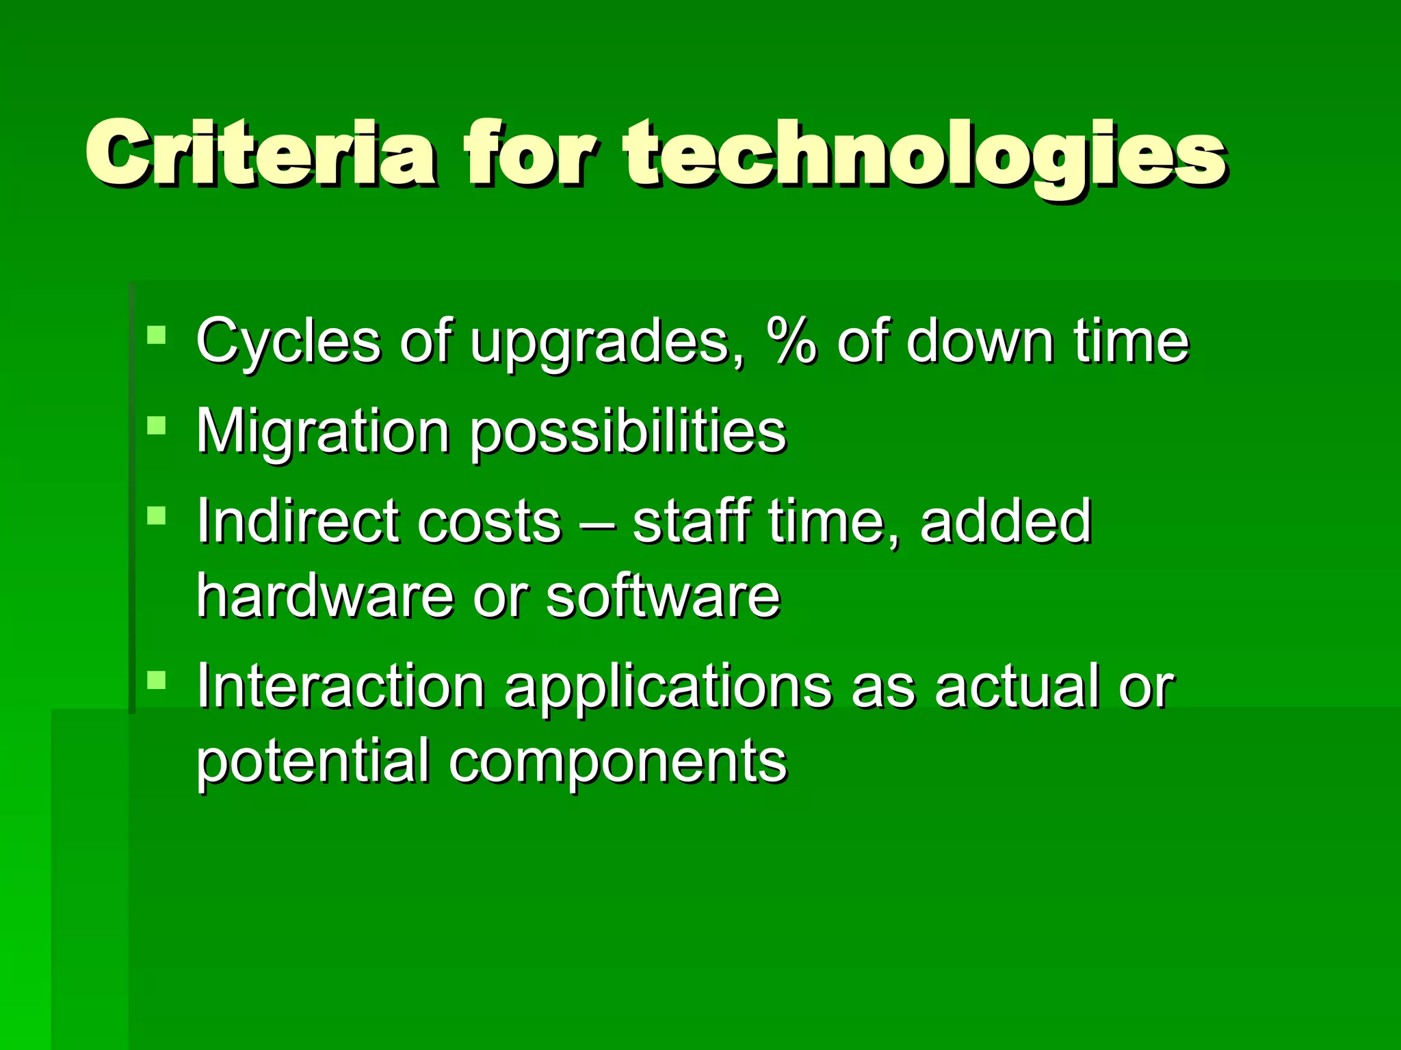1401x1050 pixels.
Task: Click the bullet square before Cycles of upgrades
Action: [157, 335]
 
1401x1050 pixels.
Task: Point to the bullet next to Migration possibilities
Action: [157, 425]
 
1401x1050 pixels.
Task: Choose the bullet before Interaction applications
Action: [157, 679]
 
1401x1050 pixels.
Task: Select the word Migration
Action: [322, 433]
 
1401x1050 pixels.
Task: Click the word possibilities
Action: [628, 433]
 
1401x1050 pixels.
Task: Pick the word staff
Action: [692, 521]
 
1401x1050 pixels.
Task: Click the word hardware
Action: [325, 596]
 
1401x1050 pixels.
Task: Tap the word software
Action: [662, 596]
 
